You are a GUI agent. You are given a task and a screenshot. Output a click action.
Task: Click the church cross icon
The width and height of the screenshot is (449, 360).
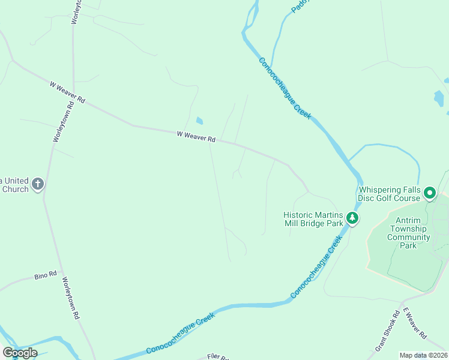coord(37,184)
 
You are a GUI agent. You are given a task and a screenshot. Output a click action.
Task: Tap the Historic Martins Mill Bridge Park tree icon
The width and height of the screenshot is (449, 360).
coord(353,218)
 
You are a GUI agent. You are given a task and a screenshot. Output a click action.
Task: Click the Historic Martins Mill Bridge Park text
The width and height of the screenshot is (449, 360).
coord(313,219)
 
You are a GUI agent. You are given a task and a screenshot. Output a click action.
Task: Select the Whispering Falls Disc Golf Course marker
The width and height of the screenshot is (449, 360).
coord(430,193)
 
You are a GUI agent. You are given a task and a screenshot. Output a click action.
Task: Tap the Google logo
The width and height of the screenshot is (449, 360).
coord(20,353)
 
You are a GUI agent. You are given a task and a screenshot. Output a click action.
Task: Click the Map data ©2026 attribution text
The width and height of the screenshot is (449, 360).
coord(423,355)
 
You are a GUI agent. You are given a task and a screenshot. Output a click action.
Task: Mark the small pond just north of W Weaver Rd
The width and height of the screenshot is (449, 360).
coord(199,121)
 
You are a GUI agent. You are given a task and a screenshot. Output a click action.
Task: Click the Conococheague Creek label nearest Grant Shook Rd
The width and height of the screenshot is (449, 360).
coord(316,267)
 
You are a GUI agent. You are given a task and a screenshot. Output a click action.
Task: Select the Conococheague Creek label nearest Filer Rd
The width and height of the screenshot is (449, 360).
coord(181,333)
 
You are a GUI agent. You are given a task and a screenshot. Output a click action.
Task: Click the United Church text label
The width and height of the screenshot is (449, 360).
coord(14,185)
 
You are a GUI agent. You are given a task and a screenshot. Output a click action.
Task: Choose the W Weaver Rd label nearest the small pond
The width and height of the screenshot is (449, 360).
coord(196,137)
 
